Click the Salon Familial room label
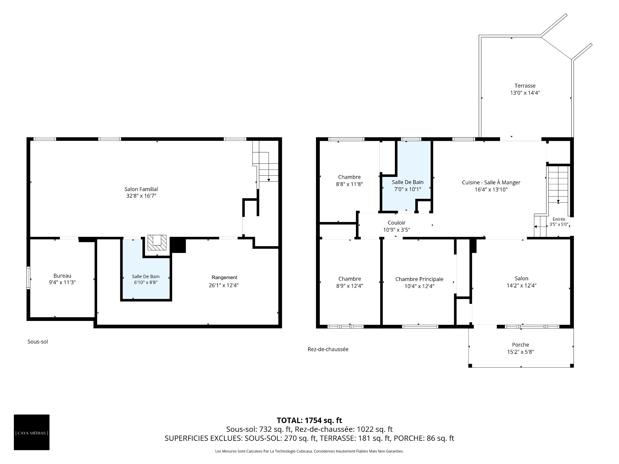pos(141,189)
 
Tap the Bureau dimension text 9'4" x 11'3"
pos(62,283)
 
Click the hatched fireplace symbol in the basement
pos(157,243)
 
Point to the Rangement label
pos(224,277)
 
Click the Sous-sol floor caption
pos(38,342)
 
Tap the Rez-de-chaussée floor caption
pos(328,349)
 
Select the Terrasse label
pos(525,86)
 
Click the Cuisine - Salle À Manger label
pos(491,182)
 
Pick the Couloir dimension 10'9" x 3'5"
pos(396,230)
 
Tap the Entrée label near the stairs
pos(559,219)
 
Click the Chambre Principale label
pos(419,279)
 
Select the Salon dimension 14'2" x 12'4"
pos(521,285)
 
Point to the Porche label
pos(520,345)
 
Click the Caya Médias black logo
pos(32,432)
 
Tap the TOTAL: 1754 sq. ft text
pos(309,420)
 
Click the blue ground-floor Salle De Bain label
pos(408,182)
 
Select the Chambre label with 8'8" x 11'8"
pos(349,177)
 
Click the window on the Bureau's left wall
pos(28,278)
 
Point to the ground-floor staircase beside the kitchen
pos(558,184)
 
